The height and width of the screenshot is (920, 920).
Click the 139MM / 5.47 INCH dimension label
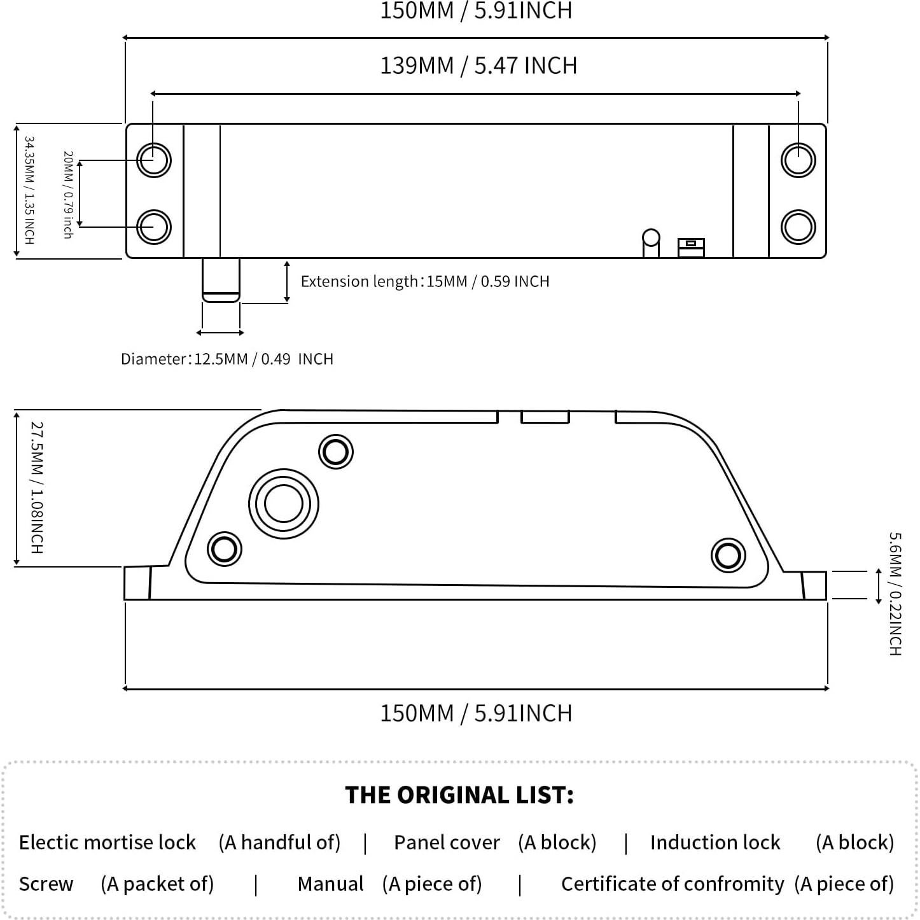(478, 66)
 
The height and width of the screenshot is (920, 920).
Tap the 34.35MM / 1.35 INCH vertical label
(29, 190)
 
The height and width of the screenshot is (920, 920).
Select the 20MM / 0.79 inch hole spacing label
(68, 195)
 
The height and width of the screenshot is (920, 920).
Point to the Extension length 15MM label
(424, 281)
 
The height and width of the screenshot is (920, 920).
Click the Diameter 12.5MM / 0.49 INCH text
(227, 359)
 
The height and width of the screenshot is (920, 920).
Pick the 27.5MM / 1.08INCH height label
(37, 487)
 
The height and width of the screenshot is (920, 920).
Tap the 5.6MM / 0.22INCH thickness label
(895, 594)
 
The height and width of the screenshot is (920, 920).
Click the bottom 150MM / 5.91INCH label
(476, 713)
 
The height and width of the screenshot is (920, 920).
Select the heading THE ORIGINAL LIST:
(459, 795)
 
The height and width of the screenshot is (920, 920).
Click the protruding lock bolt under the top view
(221, 279)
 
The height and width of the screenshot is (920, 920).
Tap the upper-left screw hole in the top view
(154, 159)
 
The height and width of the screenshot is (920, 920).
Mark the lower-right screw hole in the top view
(798, 227)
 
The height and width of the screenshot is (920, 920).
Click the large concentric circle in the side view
(283, 505)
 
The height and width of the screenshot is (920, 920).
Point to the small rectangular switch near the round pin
(691, 247)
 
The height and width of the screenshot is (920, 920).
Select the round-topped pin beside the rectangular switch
(651, 242)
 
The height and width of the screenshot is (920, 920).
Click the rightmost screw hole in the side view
(728, 555)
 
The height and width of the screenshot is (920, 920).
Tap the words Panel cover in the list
(447, 842)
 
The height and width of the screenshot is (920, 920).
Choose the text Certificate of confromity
(673, 884)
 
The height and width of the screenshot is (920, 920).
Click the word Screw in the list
(46, 884)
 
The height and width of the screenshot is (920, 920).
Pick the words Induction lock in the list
(715, 842)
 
